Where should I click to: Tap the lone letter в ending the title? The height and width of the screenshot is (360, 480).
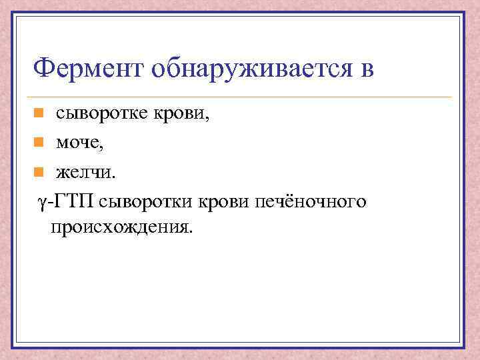point(366,69)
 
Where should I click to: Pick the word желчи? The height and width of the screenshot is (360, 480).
point(85,173)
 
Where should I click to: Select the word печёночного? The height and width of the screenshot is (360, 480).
point(310,201)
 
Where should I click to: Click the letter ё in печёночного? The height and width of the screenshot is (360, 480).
point(288,201)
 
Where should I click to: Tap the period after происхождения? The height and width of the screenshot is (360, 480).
point(191,231)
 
